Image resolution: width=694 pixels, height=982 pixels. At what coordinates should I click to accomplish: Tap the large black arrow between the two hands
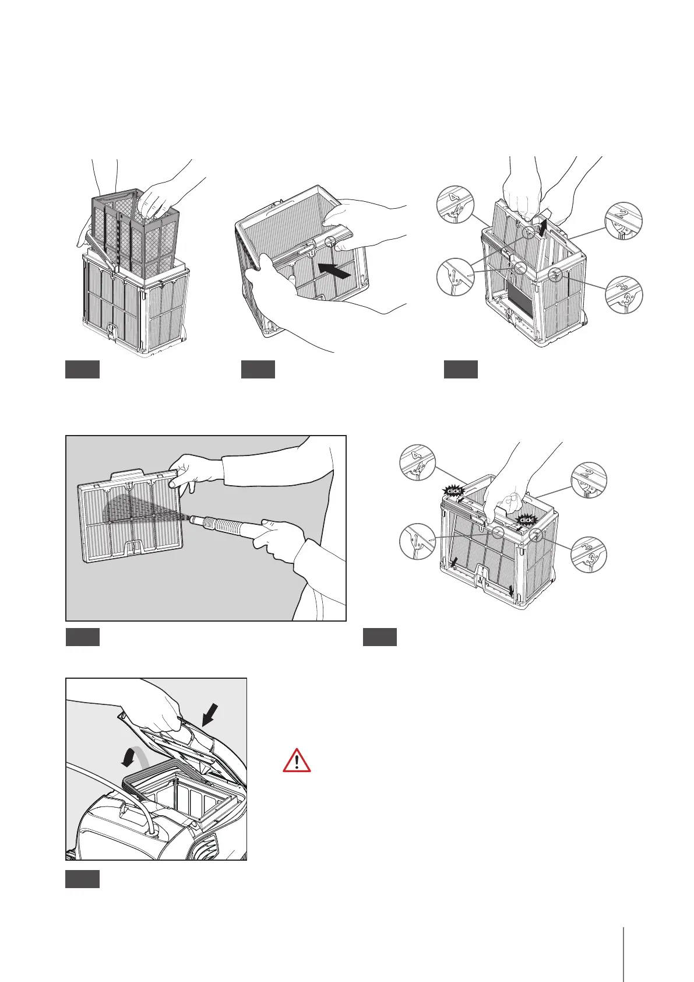pos(336,270)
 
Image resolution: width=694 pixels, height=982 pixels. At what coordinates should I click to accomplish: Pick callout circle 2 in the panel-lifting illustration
pos(623,220)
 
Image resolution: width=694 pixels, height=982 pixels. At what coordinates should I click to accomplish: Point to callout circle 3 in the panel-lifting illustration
pos(623,295)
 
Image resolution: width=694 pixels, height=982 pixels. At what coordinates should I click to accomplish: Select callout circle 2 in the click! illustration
pos(589,480)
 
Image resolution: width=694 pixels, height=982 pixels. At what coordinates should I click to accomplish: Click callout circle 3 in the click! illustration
pos(589,553)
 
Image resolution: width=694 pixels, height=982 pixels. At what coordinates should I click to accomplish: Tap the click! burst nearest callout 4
pos(454,491)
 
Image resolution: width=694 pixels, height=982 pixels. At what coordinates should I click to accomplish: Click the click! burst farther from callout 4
pos(526,520)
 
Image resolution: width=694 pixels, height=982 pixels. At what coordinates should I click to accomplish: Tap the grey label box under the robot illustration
pos(82,879)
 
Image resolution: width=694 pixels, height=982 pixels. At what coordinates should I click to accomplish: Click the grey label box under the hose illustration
pos(82,637)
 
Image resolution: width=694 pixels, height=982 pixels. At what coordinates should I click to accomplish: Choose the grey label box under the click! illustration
pos(380,637)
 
